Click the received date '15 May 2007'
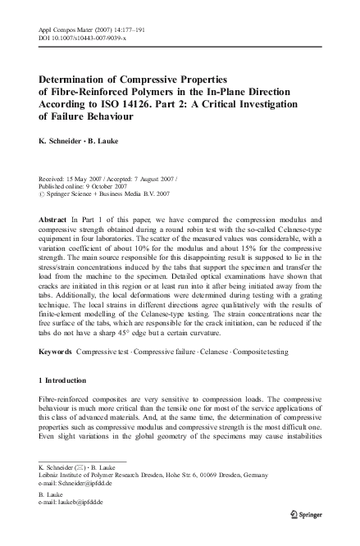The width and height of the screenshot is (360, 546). pos(86,178)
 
